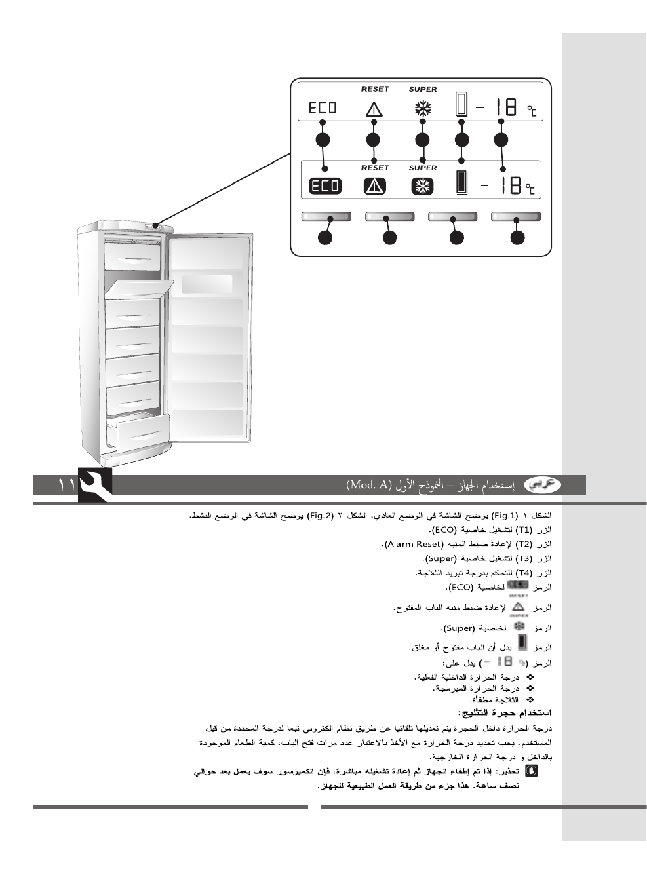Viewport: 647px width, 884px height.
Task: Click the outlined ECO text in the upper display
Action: pyautogui.click(x=323, y=108)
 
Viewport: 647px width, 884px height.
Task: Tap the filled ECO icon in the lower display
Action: pyautogui.click(x=326, y=186)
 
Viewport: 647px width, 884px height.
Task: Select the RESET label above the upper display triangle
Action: pyautogui.click(x=375, y=89)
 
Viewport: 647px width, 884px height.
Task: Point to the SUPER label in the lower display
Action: pyautogui.click(x=423, y=168)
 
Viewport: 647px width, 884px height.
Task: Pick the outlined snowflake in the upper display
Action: pyautogui.click(x=423, y=108)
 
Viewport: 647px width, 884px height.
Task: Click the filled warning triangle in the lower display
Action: pyautogui.click(x=374, y=186)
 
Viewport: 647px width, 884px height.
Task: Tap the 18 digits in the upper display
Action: pyautogui.click(x=506, y=107)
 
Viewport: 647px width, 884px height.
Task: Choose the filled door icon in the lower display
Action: pyautogui.click(x=462, y=183)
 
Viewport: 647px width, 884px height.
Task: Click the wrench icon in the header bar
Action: pyautogui.click(x=96, y=485)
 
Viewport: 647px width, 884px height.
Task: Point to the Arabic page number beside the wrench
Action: pyautogui.click(x=66, y=484)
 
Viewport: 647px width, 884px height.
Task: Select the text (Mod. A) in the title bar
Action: pyautogui.click(x=370, y=485)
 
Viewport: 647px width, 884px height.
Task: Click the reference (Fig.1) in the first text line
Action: pyautogui.click(x=505, y=516)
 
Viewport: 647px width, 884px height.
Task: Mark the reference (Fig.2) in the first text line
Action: pyautogui.click(x=320, y=516)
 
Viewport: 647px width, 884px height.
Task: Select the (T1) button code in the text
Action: pyautogui.click(x=524, y=530)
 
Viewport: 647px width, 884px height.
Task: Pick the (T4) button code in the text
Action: pyautogui.click(x=524, y=573)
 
